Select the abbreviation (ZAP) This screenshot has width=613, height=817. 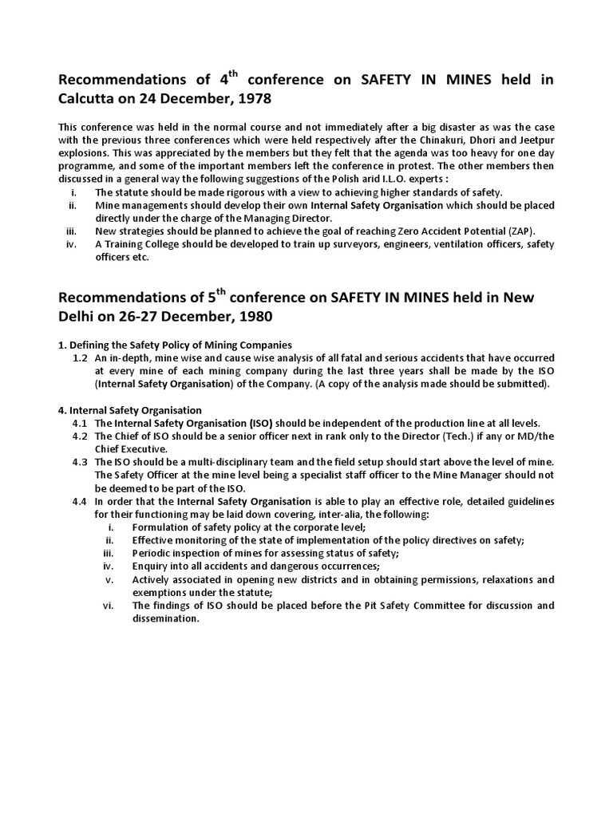518,231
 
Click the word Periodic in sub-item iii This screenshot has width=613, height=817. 151,554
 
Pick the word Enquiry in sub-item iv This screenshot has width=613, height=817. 151,567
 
